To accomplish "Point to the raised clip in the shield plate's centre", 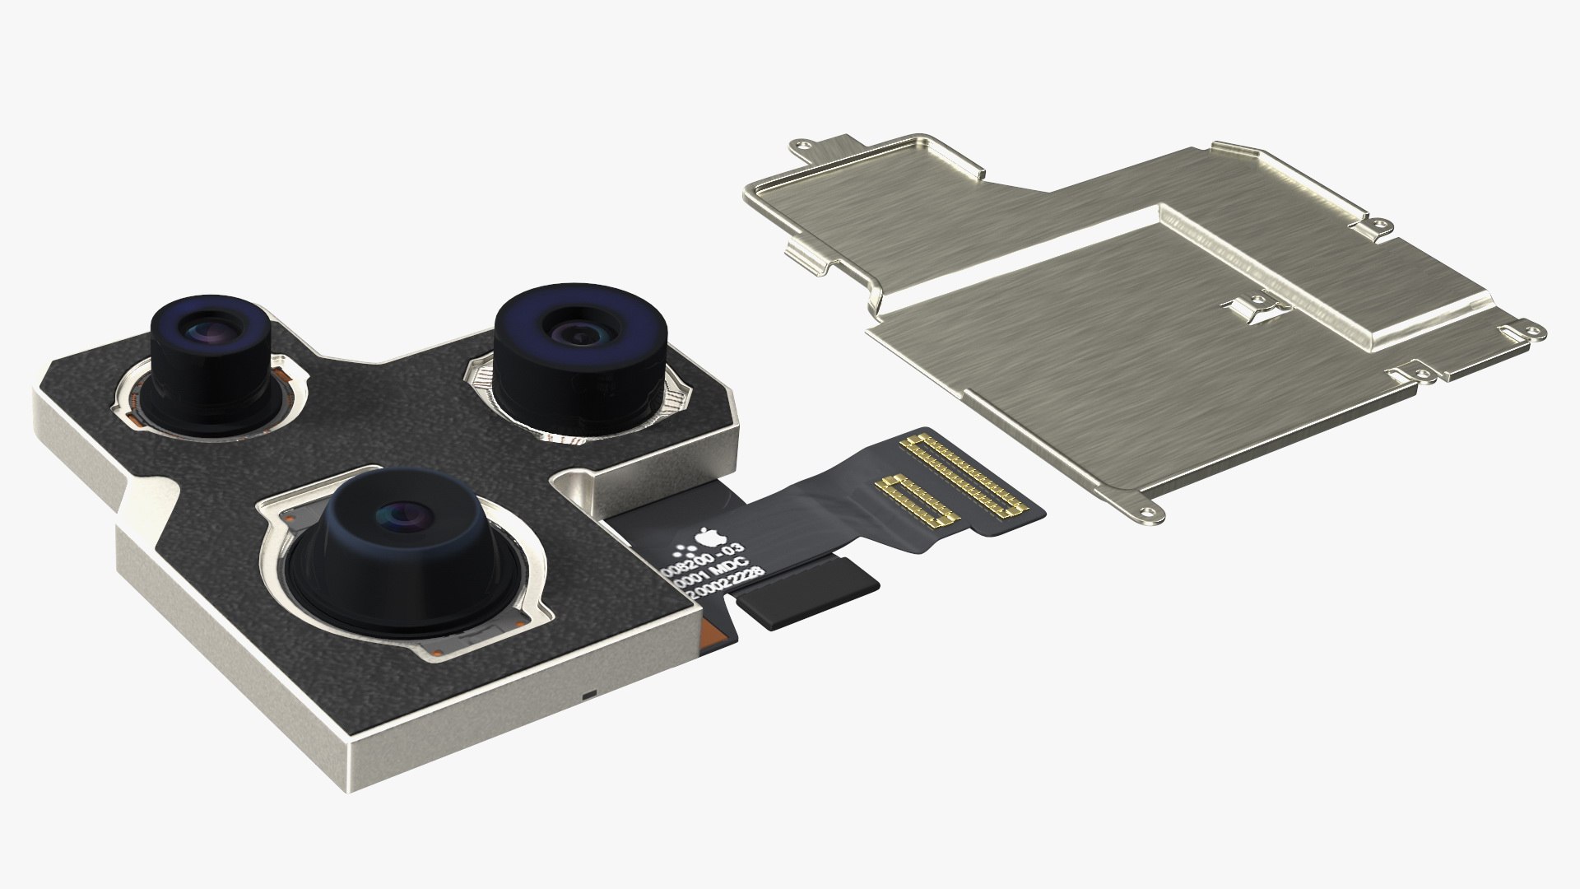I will (x=1251, y=310).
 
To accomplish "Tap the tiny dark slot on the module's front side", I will (x=588, y=696).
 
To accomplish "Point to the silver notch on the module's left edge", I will (x=148, y=499).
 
